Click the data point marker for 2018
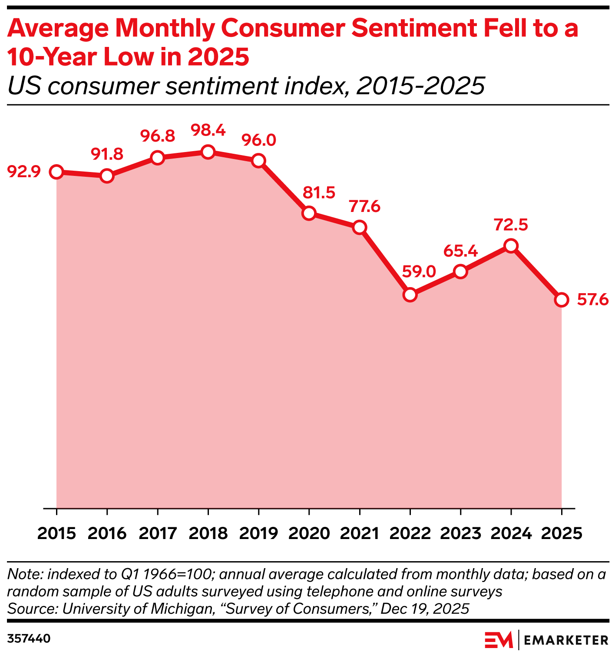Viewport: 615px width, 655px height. [x=208, y=152]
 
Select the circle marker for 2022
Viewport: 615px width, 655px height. [x=410, y=294]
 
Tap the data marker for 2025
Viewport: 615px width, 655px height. [x=562, y=300]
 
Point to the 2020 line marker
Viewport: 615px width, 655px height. [x=309, y=213]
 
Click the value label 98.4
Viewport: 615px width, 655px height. [x=208, y=130]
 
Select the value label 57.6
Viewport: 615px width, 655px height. [x=592, y=300]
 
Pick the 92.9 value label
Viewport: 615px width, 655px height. [x=24, y=172]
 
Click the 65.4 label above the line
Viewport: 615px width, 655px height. [x=460, y=251]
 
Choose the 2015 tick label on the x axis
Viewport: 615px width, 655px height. [x=56, y=533]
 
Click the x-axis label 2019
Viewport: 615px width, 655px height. [x=258, y=533]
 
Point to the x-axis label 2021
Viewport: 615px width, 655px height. [x=359, y=533]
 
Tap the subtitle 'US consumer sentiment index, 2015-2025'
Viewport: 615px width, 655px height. [x=246, y=86]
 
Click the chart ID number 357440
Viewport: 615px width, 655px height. [x=29, y=638]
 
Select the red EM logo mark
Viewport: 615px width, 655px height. [x=499, y=640]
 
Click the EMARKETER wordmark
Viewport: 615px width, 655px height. [x=566, y=640]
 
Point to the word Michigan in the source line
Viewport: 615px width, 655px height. [x=182, y=609]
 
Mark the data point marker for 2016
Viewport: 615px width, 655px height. [x=107, y=176]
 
